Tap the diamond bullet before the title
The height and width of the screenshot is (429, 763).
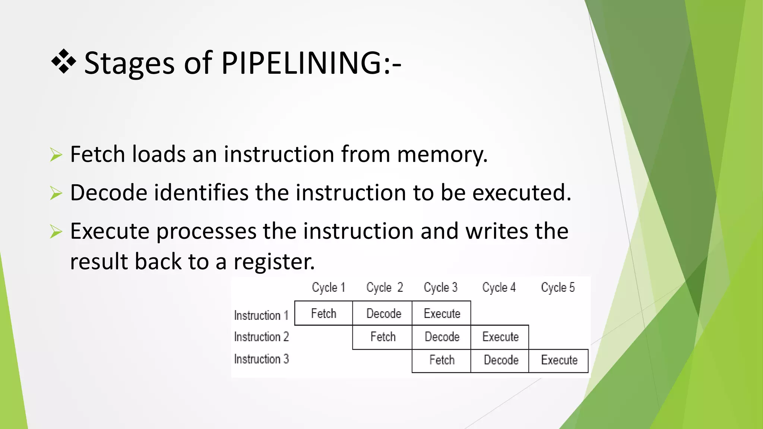[x=64, y=61]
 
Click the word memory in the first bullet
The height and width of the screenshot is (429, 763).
[x=442, y=154]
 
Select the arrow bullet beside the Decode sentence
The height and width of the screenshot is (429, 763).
[x=56, y=193]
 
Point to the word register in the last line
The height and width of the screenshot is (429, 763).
[x=274, y=261]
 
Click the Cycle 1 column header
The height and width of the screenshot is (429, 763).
[x=328, y=287]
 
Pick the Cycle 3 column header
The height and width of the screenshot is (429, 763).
[x=440, y=287]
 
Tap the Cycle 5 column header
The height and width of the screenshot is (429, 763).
[x=558, y=287]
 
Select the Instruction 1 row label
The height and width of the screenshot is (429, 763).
[x=261, y=315]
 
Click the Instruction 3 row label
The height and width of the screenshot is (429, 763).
[x=261, y=359]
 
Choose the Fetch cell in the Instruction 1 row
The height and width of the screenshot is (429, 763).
[x=323, y=314]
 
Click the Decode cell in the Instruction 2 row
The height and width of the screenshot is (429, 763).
[x=442, y=337]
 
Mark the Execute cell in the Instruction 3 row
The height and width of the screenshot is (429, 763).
[x=559, y=360]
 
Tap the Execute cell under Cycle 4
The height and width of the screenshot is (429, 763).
[x=500, y=337]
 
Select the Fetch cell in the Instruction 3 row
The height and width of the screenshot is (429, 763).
[x=442, y=360]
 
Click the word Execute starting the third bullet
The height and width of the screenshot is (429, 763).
[x=110, y=231]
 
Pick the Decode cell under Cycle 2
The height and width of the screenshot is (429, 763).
[x=383, y=314]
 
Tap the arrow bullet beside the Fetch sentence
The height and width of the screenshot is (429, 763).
[x=56, y=155]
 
